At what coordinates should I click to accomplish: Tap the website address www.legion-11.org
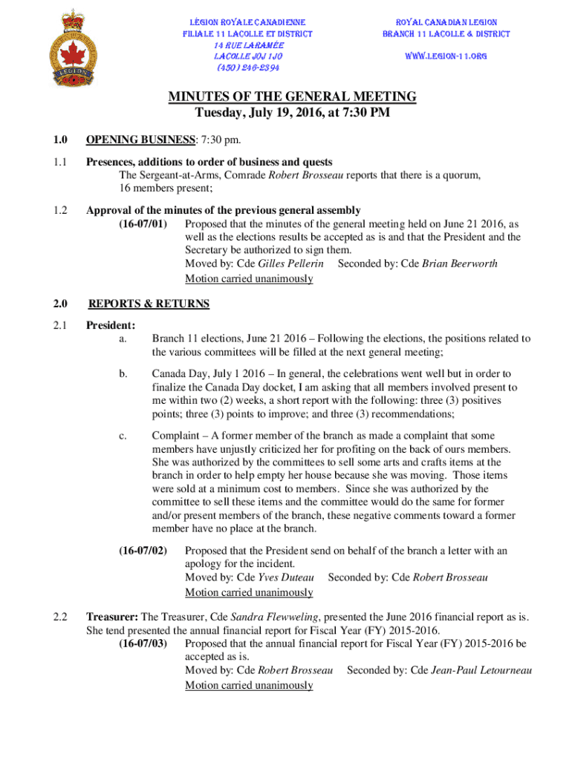click(446, 56)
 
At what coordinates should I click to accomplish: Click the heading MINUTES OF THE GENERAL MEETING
click(292, 97)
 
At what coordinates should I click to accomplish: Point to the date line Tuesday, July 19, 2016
click(292, 114)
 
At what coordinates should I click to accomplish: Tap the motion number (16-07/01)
click(143, 223)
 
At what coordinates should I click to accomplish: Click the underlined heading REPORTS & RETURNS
click(149, 304)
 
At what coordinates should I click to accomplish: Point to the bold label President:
click(111, 325)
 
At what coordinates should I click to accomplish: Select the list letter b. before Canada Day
click(123, 374)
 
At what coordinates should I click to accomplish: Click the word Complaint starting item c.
click(175, 436)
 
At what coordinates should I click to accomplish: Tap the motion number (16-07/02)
click(143, 551)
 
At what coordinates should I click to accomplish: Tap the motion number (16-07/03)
click(143, 643)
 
